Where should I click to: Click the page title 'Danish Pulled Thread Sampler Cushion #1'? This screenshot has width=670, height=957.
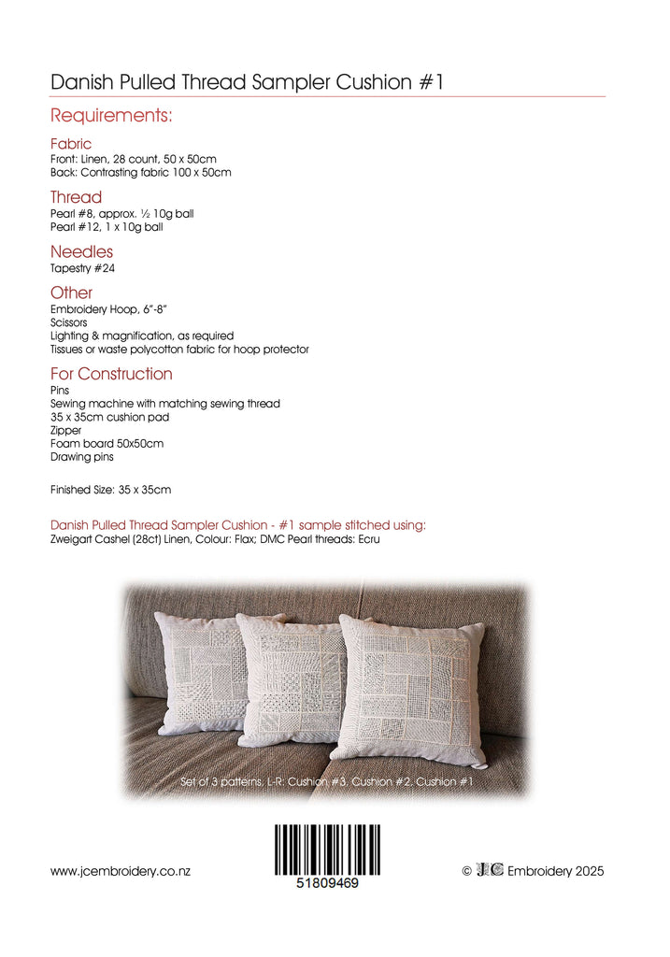click(247, 82)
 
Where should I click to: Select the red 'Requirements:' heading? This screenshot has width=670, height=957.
click(111, 117)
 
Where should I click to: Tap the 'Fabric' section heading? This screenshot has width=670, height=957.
click(71, 144)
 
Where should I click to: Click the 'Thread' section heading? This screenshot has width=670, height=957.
click(76, 197)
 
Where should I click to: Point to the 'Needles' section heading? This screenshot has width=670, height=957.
click(81, 251)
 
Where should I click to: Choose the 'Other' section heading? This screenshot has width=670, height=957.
click(71, 293)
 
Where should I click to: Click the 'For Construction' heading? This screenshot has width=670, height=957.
click(111, 374)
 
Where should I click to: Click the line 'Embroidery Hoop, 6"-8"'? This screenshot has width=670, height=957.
click(108, 309)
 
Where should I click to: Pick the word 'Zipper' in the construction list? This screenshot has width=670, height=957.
click(65, 431)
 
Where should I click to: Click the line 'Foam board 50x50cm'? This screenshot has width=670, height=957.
click(107, 444)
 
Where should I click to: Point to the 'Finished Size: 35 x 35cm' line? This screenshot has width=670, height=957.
click(110, 490)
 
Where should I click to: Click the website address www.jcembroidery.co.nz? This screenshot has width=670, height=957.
click(121, 871)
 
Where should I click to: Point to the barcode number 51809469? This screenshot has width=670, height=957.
click(327, 883)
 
